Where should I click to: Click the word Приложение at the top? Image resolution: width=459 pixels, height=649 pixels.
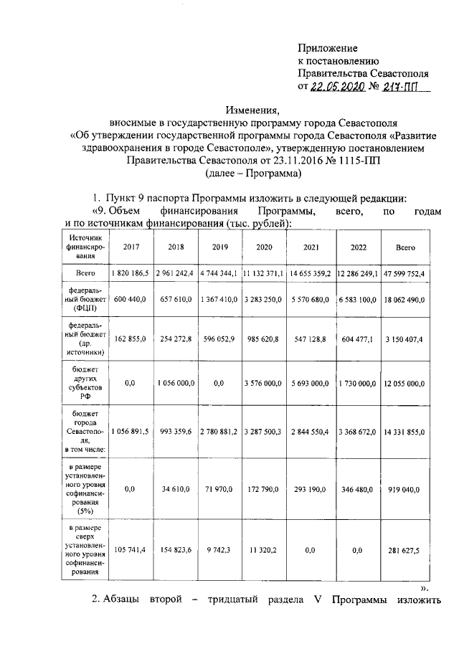(328, 48)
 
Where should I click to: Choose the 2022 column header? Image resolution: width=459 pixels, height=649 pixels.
(358, 247)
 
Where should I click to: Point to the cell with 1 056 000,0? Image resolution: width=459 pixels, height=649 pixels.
(175, 384)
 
